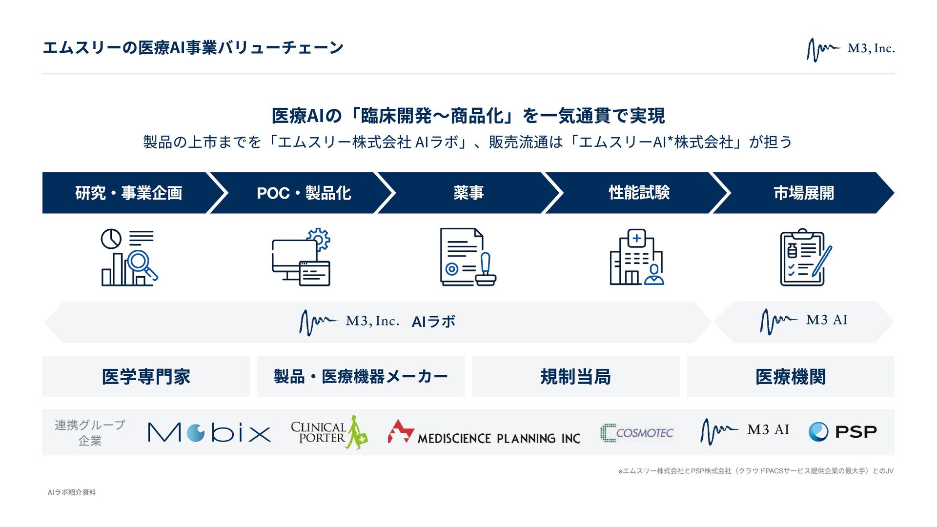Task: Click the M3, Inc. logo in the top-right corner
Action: (850, 49)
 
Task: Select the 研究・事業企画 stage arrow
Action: (128, 193)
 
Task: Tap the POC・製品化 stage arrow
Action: (304, 193)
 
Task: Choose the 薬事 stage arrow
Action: (468, 193)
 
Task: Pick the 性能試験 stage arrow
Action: (639, 193)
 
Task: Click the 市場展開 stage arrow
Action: (803, 193)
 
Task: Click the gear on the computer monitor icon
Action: (319, 239)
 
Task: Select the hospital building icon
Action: (636, 257)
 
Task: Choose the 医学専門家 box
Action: (146, 376)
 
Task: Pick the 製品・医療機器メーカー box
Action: (361, 376)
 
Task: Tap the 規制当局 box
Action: (575, 376)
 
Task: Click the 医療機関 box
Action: (791, 376)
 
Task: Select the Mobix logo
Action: (209, 432)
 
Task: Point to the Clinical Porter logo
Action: (329, 432)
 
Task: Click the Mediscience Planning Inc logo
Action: (484, 432)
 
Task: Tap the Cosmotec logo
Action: (636, 432)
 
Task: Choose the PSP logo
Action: (842, 432)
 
